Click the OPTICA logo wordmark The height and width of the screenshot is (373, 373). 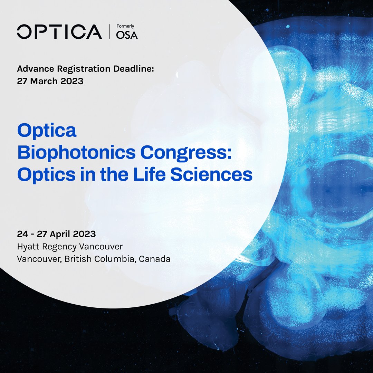(x=59, y=32)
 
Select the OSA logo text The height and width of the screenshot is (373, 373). (x=127, y=35)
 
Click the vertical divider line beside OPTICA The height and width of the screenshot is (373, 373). (x=109, y=32)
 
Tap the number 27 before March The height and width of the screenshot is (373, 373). (x=22, y=81)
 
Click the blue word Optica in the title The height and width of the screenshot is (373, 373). (x=47, y=132)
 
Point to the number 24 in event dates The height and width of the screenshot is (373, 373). (x=22, y=234)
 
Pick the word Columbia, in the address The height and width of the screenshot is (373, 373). (x=116, y=259)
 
